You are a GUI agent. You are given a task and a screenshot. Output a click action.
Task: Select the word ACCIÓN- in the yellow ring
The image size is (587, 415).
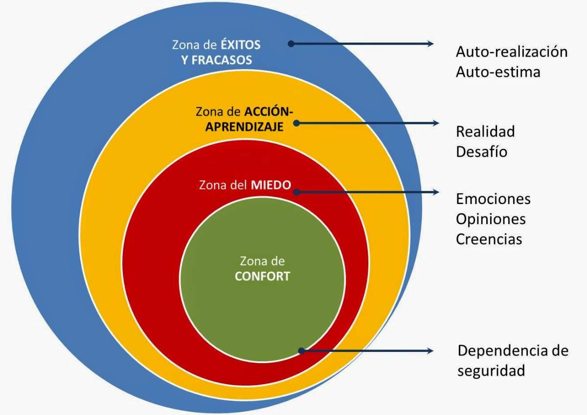click(269, 111)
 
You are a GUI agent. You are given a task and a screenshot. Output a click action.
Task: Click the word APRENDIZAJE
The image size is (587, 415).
click(244, 127)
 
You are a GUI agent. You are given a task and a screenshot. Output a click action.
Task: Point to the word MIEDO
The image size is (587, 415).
click(271, 185)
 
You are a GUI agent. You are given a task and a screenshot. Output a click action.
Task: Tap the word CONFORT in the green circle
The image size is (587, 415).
click(262, 277)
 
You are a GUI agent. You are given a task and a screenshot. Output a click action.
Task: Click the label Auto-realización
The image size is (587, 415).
click(512, 52)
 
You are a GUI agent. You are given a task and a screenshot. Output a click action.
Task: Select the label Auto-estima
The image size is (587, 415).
click(498, 72)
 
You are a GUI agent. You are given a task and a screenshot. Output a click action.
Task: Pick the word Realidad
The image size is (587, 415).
click(485, 131)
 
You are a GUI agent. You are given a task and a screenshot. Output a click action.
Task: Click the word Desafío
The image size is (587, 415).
click(482, 151)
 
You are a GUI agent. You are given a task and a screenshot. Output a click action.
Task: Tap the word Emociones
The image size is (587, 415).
click(493, 199)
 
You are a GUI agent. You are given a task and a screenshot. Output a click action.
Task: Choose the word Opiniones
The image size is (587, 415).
click(491, 219)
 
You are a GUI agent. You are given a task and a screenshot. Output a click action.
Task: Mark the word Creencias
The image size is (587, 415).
click(489, 239)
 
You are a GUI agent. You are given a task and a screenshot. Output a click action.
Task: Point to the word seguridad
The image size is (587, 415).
click(491, 371)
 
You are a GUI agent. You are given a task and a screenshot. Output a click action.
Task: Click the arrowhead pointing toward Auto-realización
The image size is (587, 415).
click(430, 44)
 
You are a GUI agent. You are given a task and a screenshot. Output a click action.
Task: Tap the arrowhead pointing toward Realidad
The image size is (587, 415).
click(435, 123)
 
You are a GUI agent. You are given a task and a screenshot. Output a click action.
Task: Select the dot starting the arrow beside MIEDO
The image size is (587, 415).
click(296, 192)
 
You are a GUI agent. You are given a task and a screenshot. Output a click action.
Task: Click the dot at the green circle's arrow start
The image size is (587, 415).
click(302, 351)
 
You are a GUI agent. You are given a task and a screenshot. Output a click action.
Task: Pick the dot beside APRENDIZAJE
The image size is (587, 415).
click(296, 123)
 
